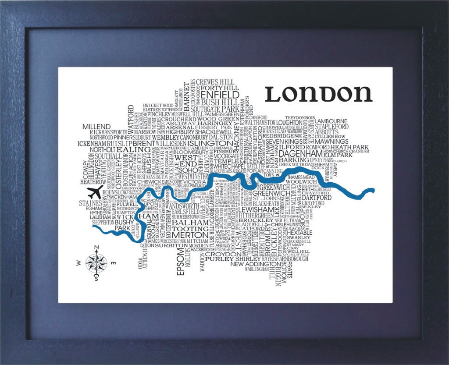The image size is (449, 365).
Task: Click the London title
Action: point(319,93)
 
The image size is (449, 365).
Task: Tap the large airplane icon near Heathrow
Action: point(95,191)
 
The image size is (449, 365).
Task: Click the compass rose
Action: point(96,262)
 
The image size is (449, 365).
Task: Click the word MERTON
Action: point(190,235)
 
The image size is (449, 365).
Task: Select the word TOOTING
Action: point(190,228)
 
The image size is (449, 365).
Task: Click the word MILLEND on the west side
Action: point(96,127)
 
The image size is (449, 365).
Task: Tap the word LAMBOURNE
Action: point(331,121)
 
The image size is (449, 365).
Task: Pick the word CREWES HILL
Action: point(215,82)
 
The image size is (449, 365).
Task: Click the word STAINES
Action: point(90,203)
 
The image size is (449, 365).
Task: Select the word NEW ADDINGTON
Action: point(254,264)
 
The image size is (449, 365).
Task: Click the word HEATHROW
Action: point(93,181)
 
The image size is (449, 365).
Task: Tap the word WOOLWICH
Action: point(302,181)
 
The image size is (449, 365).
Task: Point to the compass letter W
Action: point(78,263)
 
